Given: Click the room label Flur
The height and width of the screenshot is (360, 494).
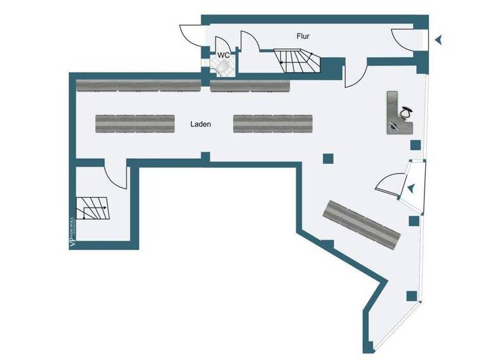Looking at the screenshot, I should pos(304,37).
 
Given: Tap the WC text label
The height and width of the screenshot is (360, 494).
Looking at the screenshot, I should pos(223,55).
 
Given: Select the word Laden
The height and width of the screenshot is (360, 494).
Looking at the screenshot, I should pos(201,124).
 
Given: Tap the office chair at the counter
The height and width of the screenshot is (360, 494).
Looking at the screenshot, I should pos(405,113).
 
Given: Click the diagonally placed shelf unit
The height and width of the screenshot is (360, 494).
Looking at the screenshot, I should pos(362,223).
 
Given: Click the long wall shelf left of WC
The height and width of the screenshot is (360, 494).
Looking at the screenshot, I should pos(138,85).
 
